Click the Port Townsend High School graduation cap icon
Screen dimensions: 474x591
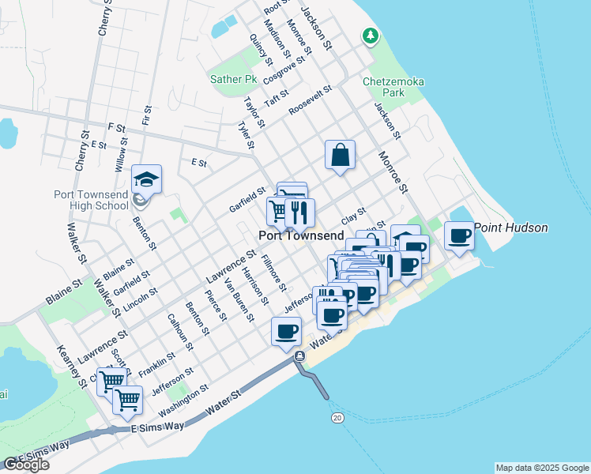click(146, 180)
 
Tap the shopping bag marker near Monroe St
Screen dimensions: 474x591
click(340, 155)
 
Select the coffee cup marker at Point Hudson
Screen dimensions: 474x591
click(459, 235)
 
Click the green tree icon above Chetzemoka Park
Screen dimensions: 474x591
click(370, 36)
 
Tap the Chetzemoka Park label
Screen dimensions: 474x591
click(384, 87)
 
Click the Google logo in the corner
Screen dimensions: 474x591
click(26, 465)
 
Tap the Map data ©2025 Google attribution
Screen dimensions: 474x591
click(541, 468)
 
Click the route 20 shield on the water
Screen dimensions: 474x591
click(338, 416)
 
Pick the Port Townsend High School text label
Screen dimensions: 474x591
click(90, 200)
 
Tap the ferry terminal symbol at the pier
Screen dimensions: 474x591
click(299, 357)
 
